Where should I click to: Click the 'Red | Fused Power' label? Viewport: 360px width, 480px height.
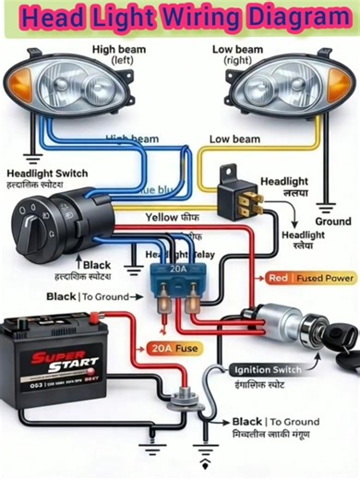(x=311, y=277)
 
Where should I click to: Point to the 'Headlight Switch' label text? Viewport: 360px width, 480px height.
(x=47, y=174)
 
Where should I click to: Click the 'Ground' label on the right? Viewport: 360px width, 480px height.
(x=332, y=222)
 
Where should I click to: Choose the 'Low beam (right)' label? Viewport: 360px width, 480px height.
(x=237, y=54)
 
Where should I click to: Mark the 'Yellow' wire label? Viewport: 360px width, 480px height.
(x=162, y=217)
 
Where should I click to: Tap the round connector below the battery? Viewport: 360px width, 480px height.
(x=175, y=402)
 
